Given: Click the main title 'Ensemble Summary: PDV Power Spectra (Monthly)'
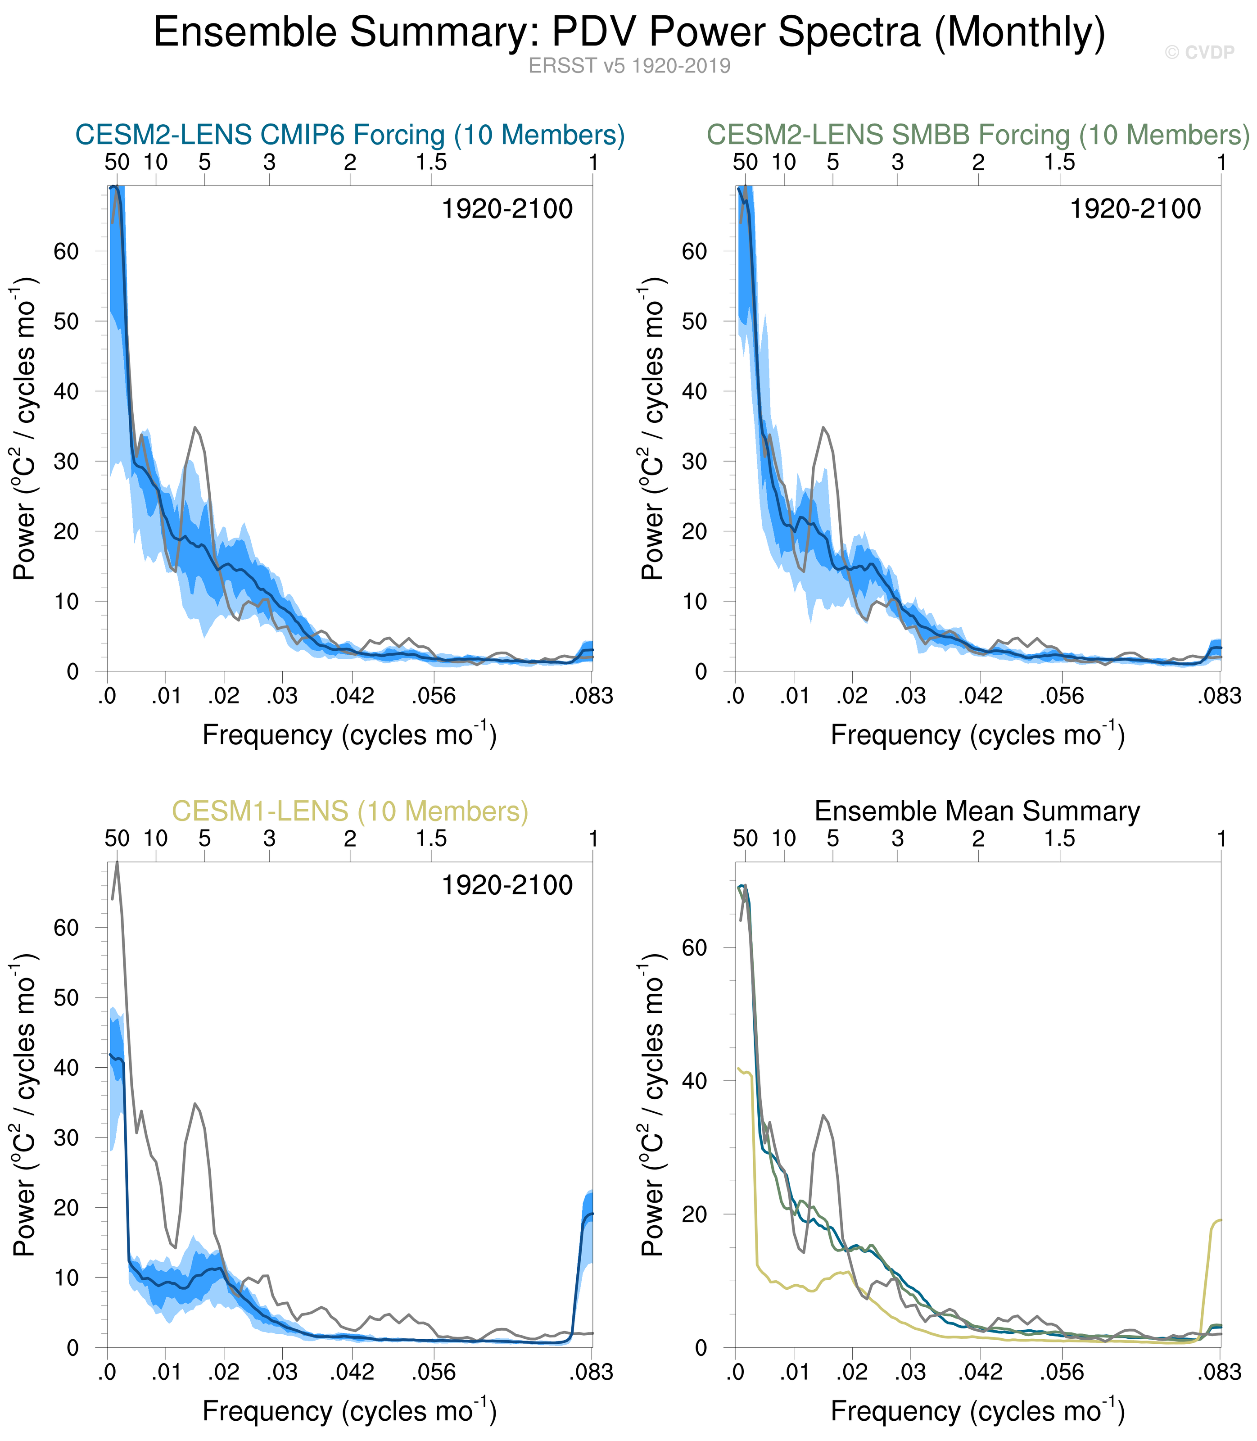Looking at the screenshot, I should (x=629, y=32).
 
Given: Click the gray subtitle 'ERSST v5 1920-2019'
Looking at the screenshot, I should (x=629, y=66).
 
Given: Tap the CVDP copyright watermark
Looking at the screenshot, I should (x=1199, y=53).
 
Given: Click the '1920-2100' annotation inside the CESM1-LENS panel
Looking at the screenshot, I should (x=506, y=885).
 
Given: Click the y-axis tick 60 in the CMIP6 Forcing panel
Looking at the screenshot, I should (x=66, y=251).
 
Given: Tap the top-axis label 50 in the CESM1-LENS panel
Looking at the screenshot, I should (x=117, y=838).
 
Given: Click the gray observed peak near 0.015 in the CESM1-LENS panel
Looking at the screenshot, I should (x=196, y=1104).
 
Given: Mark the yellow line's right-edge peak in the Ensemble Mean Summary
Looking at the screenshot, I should (x=1220, y=1220).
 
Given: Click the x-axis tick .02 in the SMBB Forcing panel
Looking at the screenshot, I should (x=852, y=696).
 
